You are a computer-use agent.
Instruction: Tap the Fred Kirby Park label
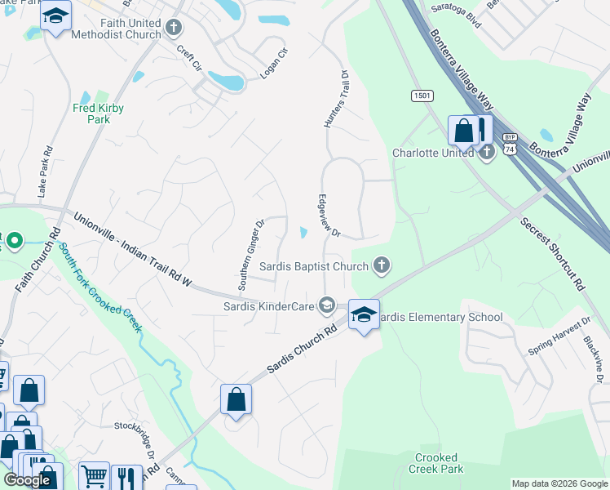[91, 114]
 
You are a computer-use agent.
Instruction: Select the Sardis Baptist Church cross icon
[381, 265]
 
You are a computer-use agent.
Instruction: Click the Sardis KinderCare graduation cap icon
[326, 306]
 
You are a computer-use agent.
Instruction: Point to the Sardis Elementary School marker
[364, 314]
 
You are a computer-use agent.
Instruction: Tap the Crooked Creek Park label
[439, 463]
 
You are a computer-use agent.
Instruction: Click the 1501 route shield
[421, 96]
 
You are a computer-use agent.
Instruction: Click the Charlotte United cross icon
[487, 153]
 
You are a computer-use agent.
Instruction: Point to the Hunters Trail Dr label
[336, 99]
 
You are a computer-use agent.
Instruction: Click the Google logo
[27, 480]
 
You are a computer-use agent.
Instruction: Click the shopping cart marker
[95, 474]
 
